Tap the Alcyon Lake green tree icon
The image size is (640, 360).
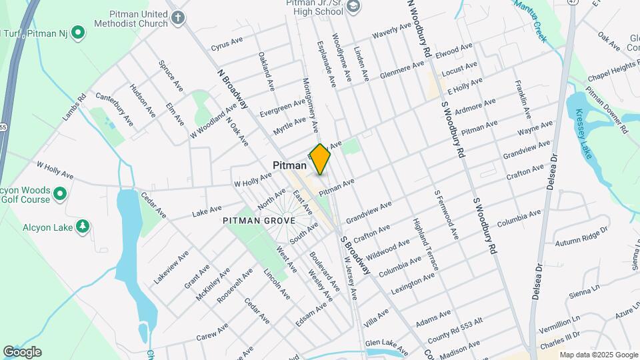83,227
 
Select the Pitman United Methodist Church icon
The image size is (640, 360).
177,17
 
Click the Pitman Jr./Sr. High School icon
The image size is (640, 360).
354,7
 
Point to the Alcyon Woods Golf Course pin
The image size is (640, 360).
60,194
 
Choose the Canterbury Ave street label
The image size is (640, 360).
115,109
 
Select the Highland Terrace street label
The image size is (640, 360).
425,244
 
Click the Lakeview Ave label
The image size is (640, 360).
171,267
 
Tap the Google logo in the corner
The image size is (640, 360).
21,352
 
